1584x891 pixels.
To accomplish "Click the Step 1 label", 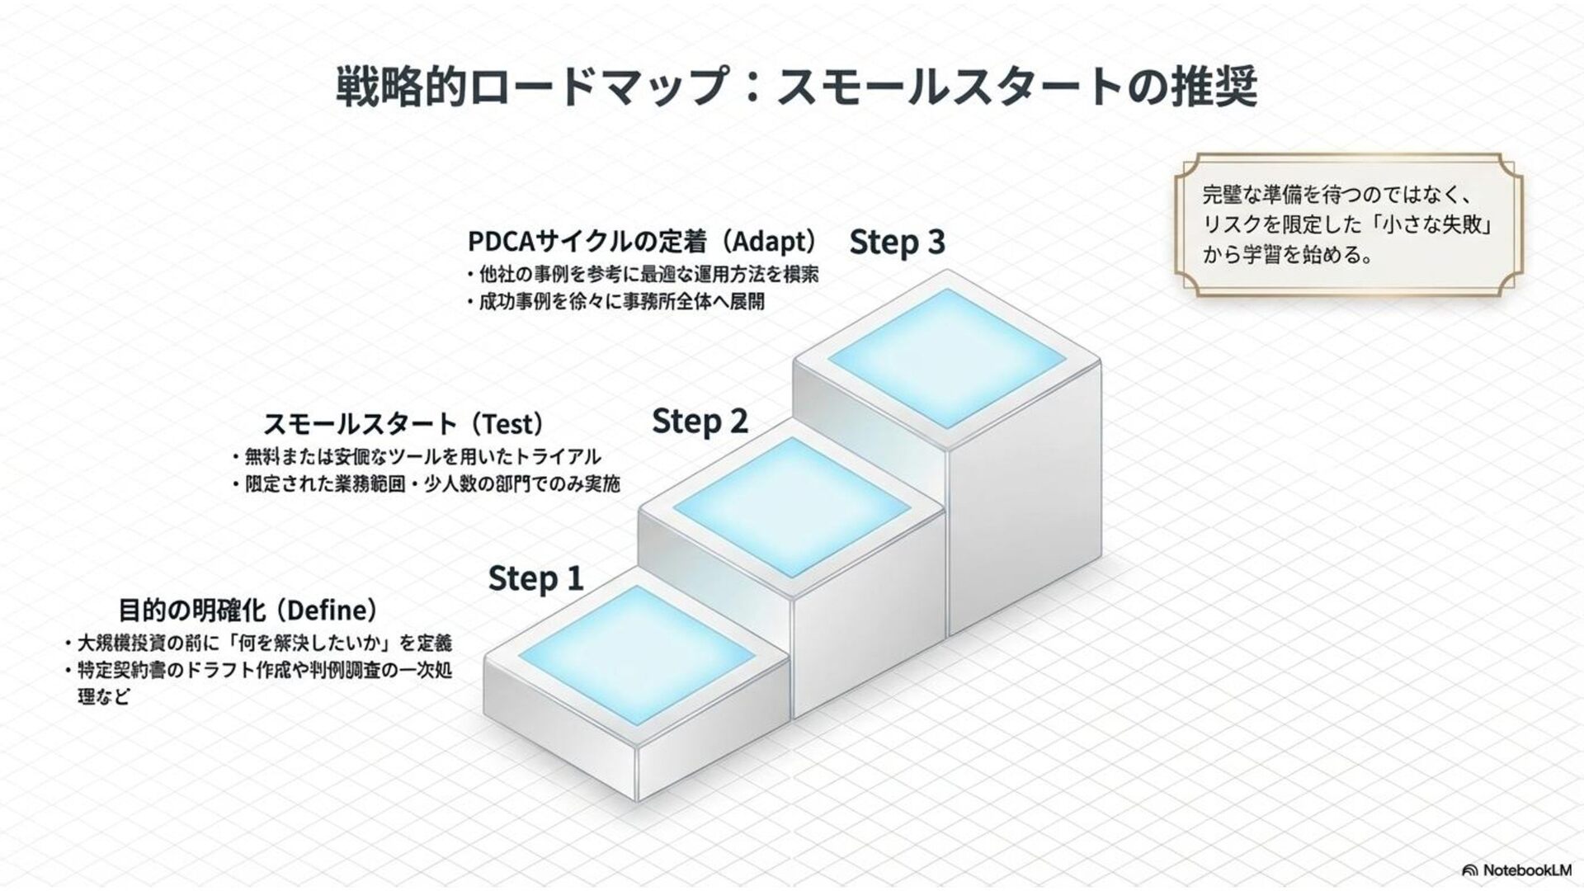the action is (536, 578).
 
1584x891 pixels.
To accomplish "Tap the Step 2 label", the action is (700, 421).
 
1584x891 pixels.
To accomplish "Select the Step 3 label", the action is (897, 242).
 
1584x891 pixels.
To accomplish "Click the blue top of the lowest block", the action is (637, 656).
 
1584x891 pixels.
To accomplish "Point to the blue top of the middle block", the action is (792, 507).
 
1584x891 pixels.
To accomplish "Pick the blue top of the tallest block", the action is (946, 358).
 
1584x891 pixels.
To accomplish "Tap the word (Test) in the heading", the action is (508, 424).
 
